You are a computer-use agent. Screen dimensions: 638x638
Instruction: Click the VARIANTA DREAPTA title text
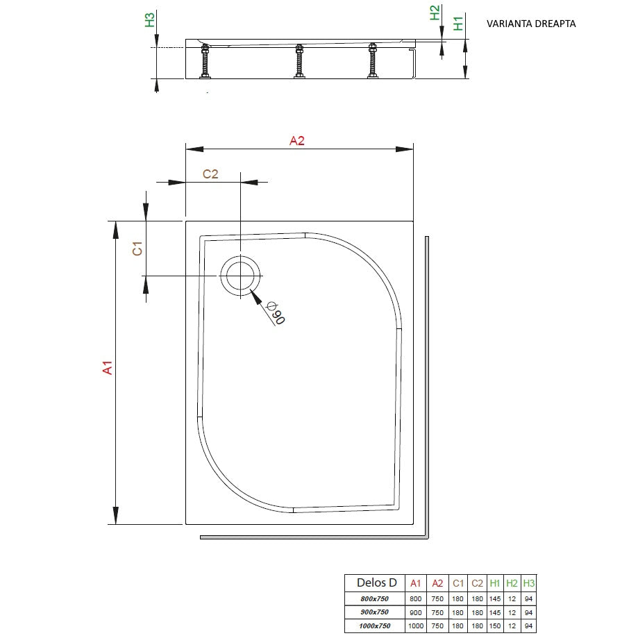531,24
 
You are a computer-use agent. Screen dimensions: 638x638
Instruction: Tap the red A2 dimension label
297,141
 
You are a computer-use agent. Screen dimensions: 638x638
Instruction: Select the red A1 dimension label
108,367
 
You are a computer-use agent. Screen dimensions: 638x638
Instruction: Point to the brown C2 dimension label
210,174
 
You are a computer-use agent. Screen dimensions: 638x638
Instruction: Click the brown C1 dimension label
137,249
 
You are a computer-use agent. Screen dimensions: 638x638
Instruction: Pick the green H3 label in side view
150,20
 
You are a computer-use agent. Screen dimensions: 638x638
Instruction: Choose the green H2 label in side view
435,12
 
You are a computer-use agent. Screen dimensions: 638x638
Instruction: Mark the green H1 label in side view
458,24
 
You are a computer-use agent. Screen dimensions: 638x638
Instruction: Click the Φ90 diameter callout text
276,313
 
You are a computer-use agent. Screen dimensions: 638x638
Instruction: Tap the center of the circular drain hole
240,276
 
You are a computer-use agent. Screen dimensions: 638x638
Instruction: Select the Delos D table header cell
377,582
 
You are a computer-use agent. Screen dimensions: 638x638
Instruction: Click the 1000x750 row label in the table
375,626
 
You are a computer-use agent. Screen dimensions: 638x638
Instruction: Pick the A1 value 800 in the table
415,599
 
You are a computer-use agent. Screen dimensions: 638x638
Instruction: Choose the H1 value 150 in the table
495,626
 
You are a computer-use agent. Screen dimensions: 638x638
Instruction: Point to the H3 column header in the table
529,583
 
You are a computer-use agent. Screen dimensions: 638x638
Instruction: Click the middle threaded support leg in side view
299,61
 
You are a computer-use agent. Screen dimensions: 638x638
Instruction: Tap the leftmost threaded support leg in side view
205,61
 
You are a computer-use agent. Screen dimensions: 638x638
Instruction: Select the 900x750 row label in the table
375,612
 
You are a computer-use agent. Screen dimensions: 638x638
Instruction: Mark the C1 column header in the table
458,583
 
